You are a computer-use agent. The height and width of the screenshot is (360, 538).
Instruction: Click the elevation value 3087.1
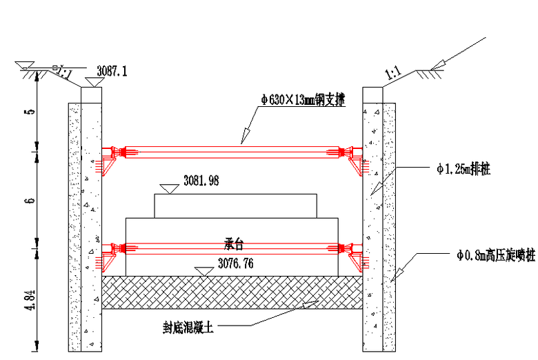point(112,70)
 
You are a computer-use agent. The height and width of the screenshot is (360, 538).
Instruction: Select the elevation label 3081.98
point(201,181)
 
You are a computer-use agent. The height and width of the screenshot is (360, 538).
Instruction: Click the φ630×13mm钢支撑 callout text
point(302,99)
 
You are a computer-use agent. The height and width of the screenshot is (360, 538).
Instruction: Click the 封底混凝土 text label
point(188,329)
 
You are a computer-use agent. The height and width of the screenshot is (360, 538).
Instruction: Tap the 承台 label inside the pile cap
point(235,244)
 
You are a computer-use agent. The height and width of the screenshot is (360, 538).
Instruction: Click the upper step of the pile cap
point(235,206)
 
